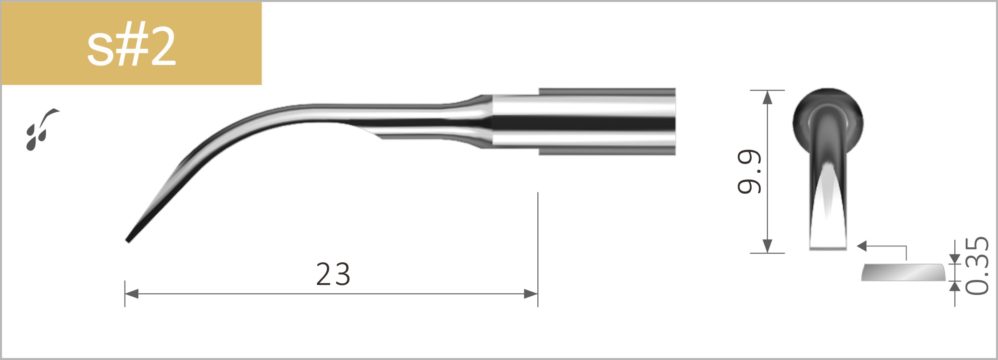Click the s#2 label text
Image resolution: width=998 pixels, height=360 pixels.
[x=131, y=47]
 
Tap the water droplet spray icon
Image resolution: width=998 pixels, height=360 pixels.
[x=40, y=130]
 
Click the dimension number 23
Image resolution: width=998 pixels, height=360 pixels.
[x=333, y=275]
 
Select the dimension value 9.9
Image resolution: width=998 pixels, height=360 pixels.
[x=749, y=172]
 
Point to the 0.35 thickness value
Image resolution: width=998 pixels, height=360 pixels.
[x=977, y=266]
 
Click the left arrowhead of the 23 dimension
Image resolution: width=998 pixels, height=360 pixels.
[x=131, y=294]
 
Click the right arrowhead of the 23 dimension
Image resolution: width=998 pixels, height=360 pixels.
[x=531, y=294]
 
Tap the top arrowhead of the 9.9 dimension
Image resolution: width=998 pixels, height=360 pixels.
[x=767, y=97]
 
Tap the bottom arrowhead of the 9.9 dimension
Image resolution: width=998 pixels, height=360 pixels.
[x=767, y=246]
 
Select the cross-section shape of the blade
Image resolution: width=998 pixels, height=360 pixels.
[x=903, y=273]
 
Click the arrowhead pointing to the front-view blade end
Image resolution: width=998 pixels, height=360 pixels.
[x=862, y=246]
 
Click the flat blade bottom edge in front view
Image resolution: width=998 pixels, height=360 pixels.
[x=828, y=248]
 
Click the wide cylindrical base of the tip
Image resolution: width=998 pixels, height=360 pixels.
[x=607, y=122]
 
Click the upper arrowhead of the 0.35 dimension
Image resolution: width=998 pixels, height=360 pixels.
[x=955, y=259]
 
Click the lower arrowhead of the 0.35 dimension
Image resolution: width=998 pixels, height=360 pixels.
[x=955, y=286]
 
